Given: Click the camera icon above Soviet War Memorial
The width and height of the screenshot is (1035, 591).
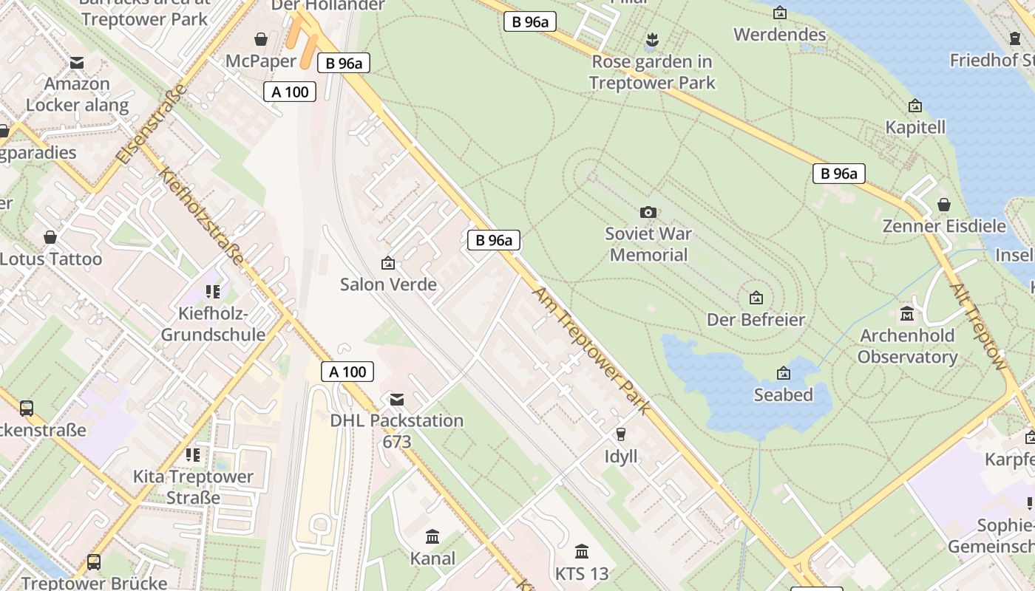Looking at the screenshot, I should pyautogui.click(x=648, y=213).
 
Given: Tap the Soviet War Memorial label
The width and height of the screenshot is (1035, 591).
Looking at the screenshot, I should pyautogui.click(x=648, y=245).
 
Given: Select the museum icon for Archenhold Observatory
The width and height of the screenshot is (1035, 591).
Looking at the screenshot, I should pyautogui.click(x=907, y=314).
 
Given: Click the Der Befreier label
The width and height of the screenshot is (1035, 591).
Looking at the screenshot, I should pyautogui.click(x=756, y=320).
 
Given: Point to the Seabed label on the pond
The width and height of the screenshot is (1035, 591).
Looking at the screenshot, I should pyautogui.click(x=783, y=395).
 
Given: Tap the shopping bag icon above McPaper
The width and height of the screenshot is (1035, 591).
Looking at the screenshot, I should pyautogui.click(x=261, y=39).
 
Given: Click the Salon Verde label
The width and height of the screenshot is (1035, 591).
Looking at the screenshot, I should pyautogui.click(x=388, y=284).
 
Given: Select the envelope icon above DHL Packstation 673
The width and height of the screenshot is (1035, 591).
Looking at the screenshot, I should pyautogui.click(x=397, y=400).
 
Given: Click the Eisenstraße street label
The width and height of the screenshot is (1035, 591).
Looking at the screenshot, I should pyautogui.click(x=152, y=124).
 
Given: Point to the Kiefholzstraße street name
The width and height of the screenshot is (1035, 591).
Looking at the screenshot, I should pyautogui.click(x=201, y=218).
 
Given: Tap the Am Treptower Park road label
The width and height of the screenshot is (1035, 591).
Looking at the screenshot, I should pyautogui.click(x=591, y=351).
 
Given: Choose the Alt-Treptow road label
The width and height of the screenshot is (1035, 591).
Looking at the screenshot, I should pyautogui.click(x=978, y=326).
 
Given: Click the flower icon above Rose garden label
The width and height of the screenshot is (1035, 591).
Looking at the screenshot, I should pyautogui.click(x=651, y=39).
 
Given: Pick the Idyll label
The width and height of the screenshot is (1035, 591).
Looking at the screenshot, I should pyautogui.click(x=621, y=457).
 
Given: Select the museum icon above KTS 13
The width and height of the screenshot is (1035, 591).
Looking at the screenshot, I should pyautogui.click(x=582, y=551).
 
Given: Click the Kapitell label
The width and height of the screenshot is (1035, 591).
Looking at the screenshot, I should pyautogui.click(x=915, y=127).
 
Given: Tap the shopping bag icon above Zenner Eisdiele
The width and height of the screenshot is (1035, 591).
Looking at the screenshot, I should pyautogui.click(x=944, y=205).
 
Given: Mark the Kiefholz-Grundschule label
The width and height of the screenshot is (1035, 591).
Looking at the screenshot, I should pyautogui.click(x=213, y=324).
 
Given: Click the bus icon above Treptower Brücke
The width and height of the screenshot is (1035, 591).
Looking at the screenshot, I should pyautogui.click(x=94, y=562).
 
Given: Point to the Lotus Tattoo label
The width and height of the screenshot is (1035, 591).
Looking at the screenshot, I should pyautogui.click(x=51, y=259).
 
